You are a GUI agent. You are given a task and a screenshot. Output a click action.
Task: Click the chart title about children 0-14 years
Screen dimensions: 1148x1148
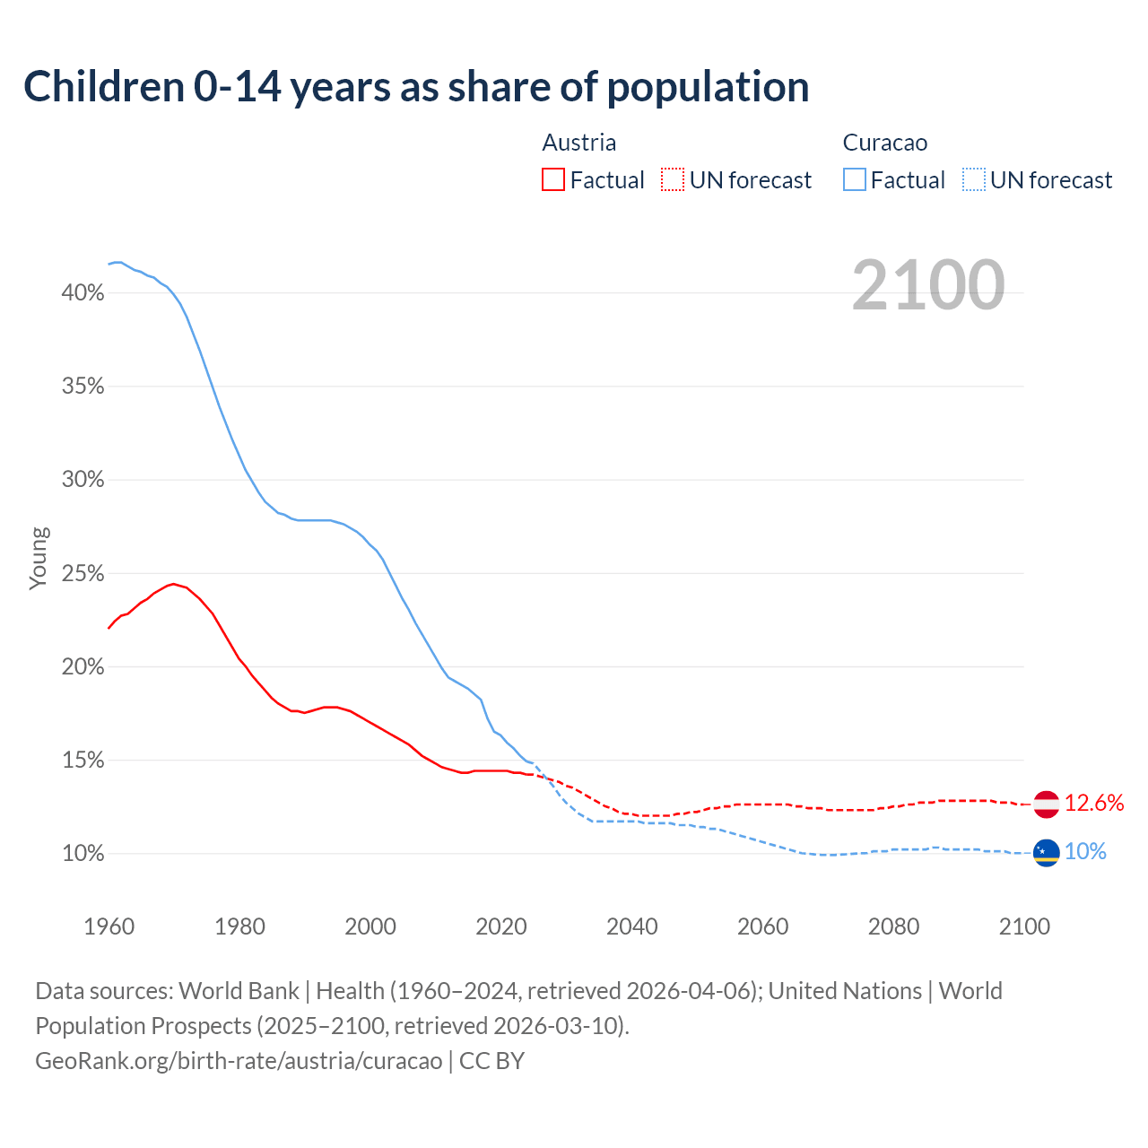[x=416, y=87]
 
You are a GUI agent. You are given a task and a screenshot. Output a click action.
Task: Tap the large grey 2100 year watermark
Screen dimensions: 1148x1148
[x=927, y=285]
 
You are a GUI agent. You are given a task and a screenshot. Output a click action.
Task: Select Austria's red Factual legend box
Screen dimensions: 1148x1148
[x=553, y=180]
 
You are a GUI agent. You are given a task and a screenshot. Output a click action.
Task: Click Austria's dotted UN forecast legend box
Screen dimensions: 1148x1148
[x=673, y=180]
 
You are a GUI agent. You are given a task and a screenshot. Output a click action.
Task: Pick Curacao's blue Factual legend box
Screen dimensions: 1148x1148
[x=855, y=180]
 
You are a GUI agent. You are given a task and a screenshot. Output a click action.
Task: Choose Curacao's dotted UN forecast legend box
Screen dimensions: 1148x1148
[x=974, y=180]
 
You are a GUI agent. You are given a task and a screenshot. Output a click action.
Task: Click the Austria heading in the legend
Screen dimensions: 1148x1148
[x=579, y=143]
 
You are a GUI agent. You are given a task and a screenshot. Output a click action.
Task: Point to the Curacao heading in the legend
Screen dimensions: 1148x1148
[x=885, y=143]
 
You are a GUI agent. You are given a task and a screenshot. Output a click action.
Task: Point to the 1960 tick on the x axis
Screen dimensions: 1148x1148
[x=109, y=926]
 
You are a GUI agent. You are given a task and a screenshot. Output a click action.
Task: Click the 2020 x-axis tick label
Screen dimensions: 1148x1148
[x=501, y=926]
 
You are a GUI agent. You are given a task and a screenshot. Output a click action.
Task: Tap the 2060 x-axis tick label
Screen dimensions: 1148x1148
[x=762, y=926]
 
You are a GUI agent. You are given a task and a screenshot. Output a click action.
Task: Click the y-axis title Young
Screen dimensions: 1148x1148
[x=39, y=558]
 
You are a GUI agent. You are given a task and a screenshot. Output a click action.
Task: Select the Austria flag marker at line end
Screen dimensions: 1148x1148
[x=1047, y=804]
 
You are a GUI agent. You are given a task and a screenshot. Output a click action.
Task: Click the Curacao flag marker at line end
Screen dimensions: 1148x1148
[x=1047, y=853]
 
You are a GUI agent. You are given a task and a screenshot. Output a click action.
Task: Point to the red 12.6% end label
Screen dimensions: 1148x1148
[x=1094, y=804]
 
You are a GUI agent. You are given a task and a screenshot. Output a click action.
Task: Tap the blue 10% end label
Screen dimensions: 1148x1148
[x=1085, y=852]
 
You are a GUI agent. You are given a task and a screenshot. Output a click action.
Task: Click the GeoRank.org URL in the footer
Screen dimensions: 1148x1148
[x=239, y=1061]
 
